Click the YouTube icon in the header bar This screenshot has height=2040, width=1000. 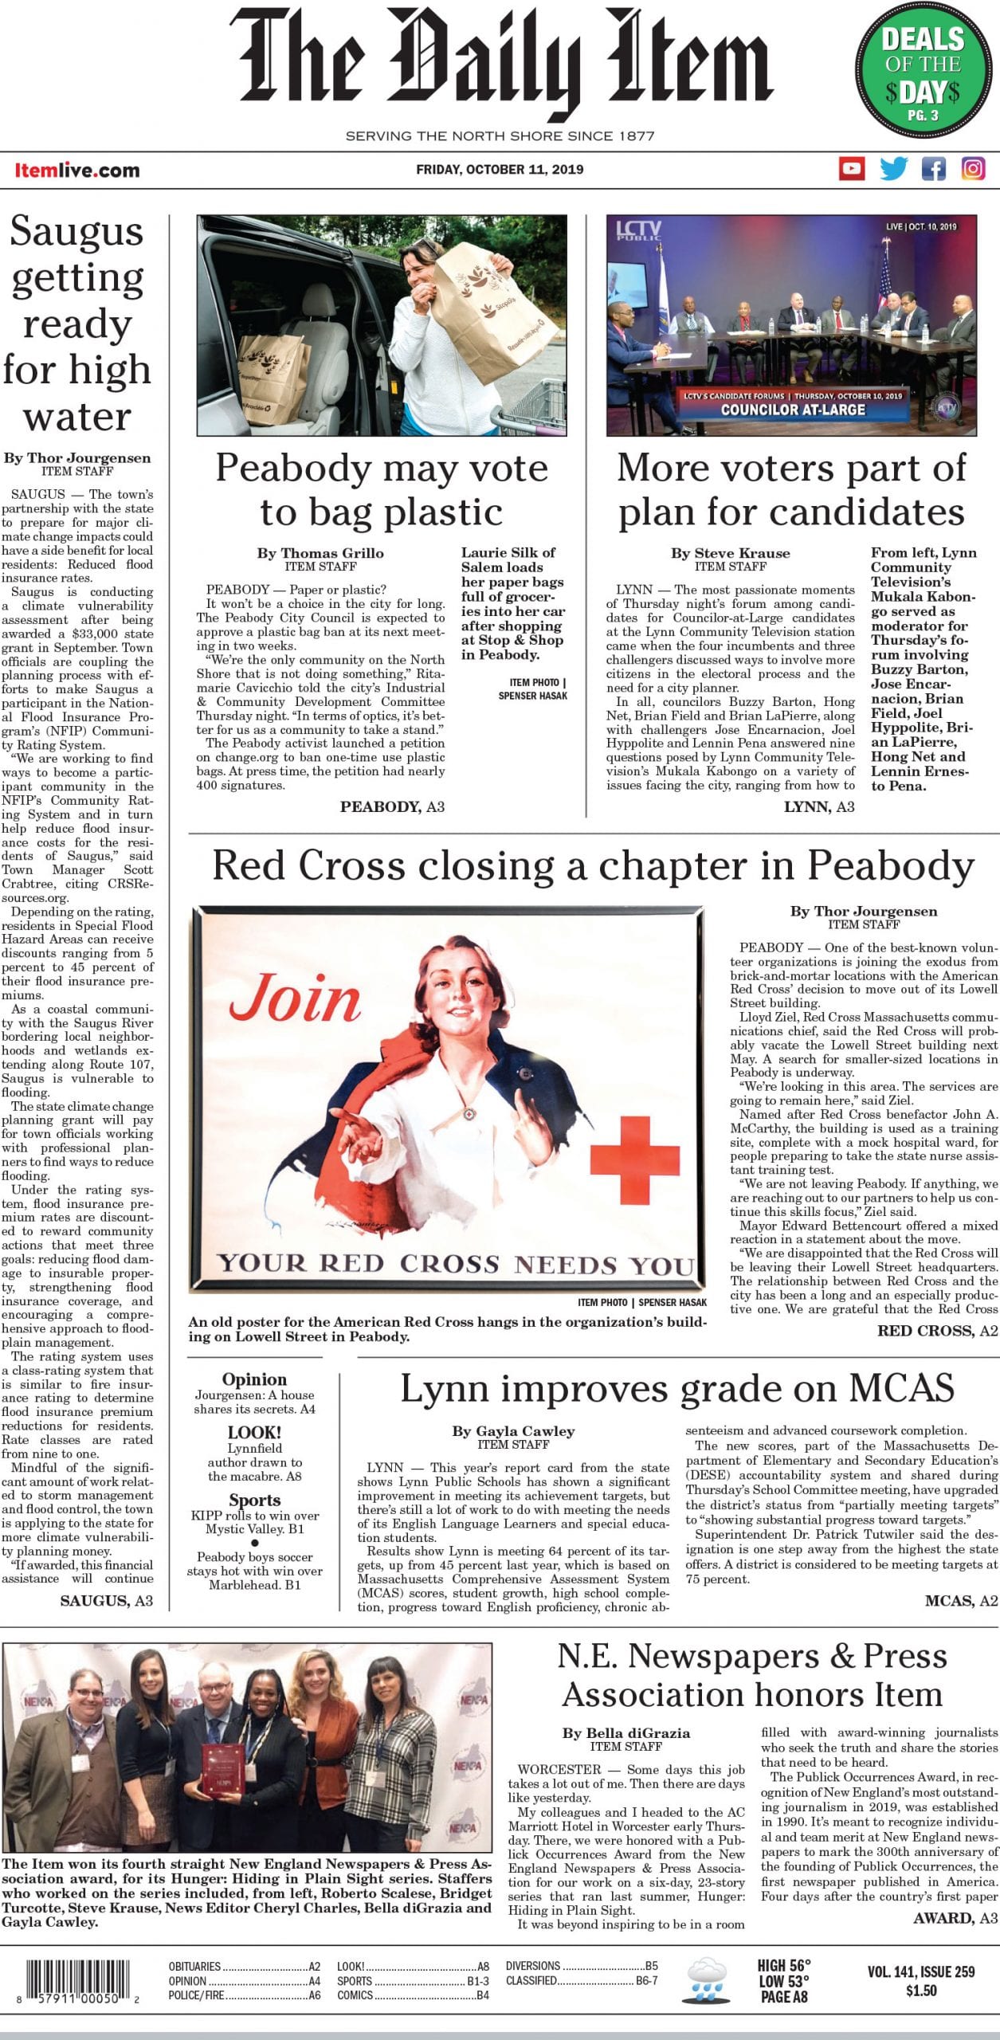tap(852, 168)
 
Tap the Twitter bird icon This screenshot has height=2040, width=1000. tap(892, 168)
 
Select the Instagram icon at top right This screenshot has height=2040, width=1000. tap(973, 168)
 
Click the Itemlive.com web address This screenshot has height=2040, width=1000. tap(76, 170)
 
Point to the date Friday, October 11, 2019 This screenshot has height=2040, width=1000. tap(500, 169)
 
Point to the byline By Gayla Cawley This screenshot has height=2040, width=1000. tap(513, 1430)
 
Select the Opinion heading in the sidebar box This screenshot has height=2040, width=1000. tap(254, 1379)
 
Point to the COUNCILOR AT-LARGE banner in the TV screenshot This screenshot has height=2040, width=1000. tap(792, 410)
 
